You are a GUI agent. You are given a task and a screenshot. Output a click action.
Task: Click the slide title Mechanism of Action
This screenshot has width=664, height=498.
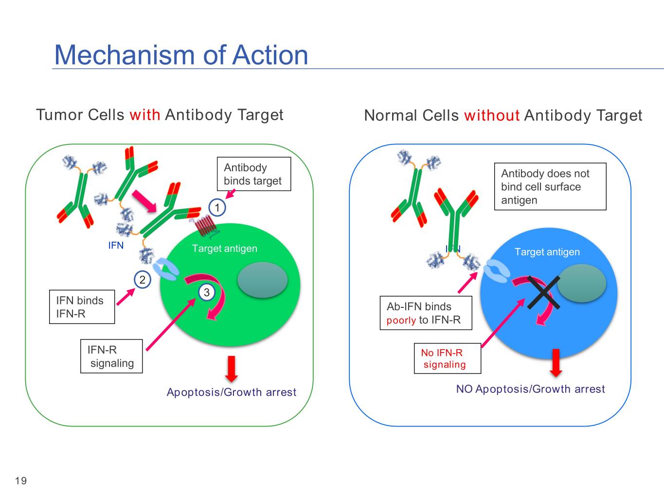(x=181, y=54)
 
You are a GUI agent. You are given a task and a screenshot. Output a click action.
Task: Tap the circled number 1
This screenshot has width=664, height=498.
(x=217, y=208)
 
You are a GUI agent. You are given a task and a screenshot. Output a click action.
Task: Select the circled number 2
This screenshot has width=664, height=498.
(x=142, y=280)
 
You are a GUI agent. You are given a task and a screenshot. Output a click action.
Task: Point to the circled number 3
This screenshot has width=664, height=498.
(x=207, y=292)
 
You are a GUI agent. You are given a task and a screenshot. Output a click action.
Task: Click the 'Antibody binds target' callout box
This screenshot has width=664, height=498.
(x=253, y=174)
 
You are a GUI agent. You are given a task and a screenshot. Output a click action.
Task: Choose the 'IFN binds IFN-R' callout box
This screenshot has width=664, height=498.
(x=82, y=307)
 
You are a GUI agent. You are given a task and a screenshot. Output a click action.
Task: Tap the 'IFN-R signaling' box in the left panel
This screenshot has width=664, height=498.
(x=111, y=356)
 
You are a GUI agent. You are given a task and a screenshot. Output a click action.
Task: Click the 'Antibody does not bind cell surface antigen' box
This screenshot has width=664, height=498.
(x=550, y=187)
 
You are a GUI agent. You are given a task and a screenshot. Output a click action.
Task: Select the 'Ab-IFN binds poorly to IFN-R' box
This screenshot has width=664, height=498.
(x=426, y=313)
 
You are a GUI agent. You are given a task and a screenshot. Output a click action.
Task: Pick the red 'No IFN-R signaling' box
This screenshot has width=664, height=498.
(x=447, y=358)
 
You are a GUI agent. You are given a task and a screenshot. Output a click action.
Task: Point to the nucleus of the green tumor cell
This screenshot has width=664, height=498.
(x=262, y=280)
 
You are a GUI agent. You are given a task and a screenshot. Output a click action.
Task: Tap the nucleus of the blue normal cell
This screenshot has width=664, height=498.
(x=581, y=283)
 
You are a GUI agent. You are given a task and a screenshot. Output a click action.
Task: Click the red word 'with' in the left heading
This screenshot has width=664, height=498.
(x=144, y=115)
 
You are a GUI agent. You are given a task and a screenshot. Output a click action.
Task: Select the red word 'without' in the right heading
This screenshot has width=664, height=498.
(x=492, y=116)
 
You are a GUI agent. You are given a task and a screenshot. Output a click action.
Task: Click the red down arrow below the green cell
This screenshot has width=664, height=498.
(x=232, y=369)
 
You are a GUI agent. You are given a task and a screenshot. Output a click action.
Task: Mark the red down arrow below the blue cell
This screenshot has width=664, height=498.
(x=556, y=363)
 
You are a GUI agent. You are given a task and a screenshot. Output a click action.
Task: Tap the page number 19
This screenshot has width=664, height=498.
(x=21, y=481)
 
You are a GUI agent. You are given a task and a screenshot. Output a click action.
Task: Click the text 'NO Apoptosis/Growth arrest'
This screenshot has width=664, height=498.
(x=530, y=389)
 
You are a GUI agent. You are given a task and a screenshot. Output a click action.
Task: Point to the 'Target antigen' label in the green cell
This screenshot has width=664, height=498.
(x=224, y=249)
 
